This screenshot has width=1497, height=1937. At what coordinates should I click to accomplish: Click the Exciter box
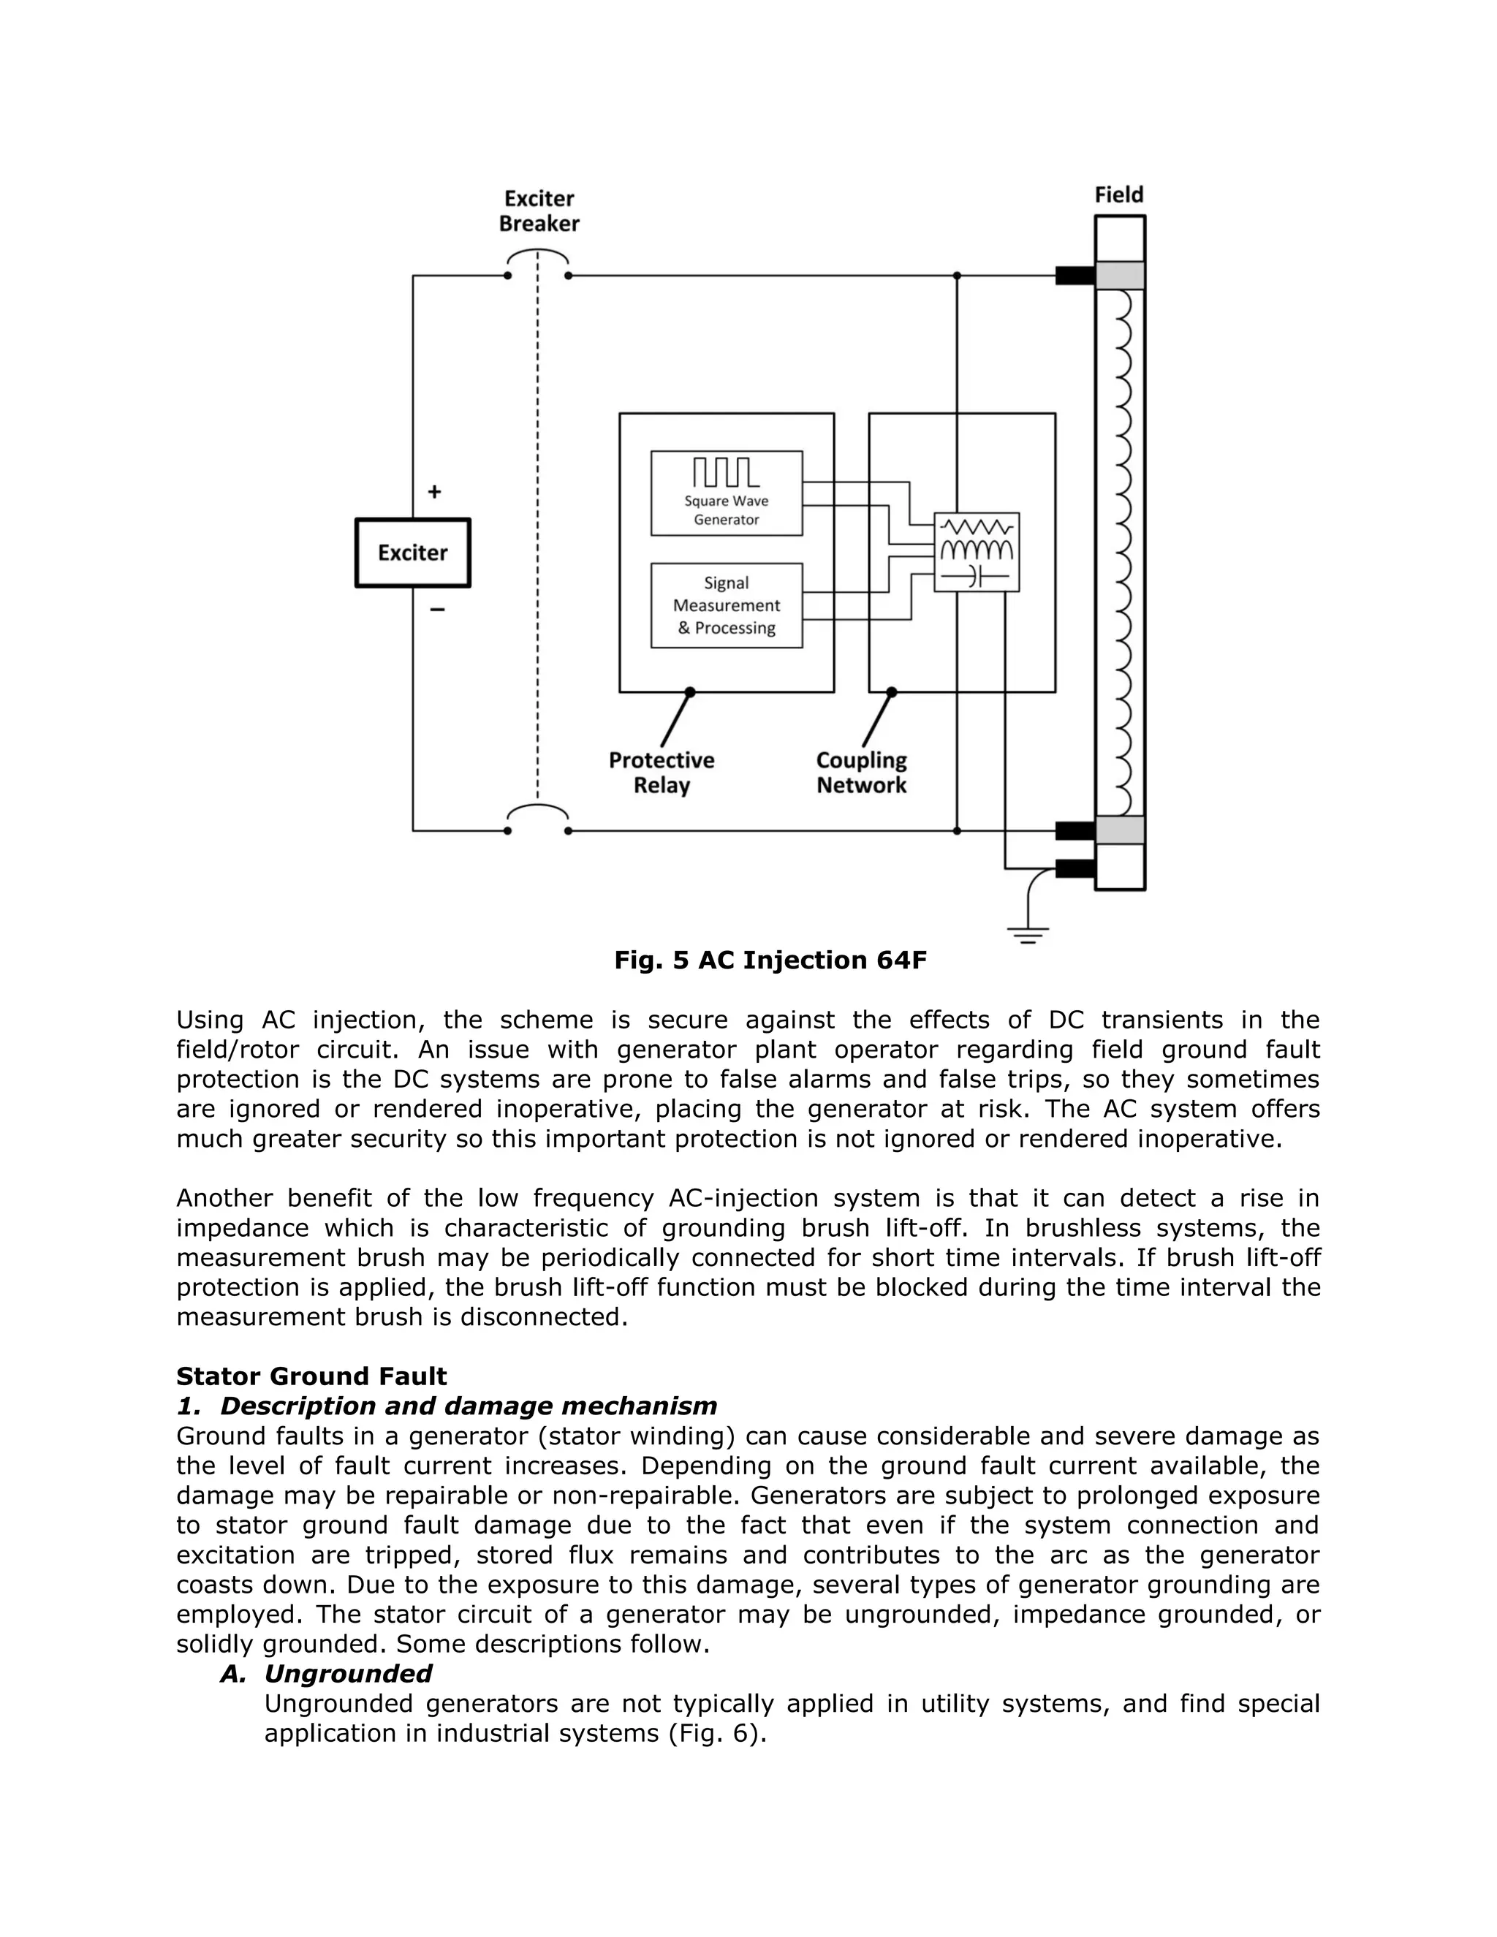point(412,553)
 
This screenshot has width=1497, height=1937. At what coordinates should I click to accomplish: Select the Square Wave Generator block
point(727,493)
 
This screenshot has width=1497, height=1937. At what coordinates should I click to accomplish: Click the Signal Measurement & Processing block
point(727,605)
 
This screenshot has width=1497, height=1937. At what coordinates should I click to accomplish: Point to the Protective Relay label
point(661,773)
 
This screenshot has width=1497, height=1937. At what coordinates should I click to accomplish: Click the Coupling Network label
point(861,773)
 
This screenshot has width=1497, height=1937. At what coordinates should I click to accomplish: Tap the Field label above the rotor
point(1118,194)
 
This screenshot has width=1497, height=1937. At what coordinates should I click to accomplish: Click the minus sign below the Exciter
point(436,610)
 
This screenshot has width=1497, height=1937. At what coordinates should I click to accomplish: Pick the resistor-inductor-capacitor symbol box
point(977,552)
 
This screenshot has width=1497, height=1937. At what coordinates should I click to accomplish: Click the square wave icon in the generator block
point(725,472)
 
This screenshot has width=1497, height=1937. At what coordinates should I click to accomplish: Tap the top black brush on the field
point(1075,276)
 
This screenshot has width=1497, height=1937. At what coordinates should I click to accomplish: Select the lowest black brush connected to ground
point(1075,868)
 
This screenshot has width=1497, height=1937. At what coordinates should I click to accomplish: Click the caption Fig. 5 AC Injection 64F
point(770,960)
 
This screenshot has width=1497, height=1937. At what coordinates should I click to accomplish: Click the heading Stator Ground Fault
point(311,1376)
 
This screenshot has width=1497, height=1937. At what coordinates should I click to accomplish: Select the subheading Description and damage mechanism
point(469,1406)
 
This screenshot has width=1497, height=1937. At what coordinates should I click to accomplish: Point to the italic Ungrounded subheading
point(348,1674)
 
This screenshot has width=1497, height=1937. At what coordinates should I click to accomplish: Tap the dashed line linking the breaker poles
point(537,532)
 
